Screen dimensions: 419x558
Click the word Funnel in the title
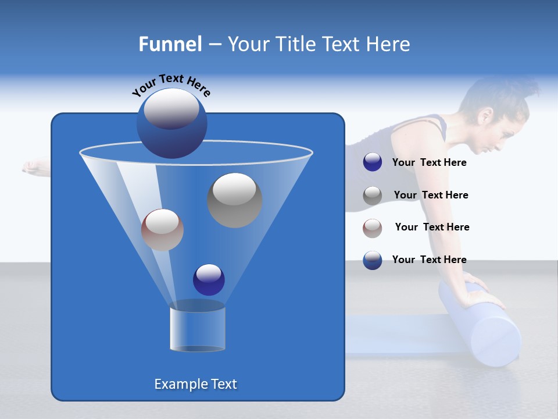pyautogui.click(x=170, y=44)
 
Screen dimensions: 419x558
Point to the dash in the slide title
pyautogui.click(x=214, y=45)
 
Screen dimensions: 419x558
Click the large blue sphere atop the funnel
pyautogui.click(x=171, y=123)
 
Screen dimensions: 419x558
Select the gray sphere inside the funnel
pyautogui.click(x=234, y=200)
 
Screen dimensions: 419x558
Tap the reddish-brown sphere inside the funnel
pyautogui.click(x=162, y=230)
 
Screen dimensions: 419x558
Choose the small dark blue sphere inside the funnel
pyautogui.click(x=209, y=279)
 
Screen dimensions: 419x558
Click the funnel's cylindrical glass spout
pyautogui.click(x=197, y=329)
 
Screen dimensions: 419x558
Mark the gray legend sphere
pyautogui.click(x=373, y=196)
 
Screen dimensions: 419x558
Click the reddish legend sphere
pyautogui.click(x=373, y=228)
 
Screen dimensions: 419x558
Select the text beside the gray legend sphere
pyautogui.click(x=431, y=195)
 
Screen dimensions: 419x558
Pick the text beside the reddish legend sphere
pyautogui.click(x=432, y=227)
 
